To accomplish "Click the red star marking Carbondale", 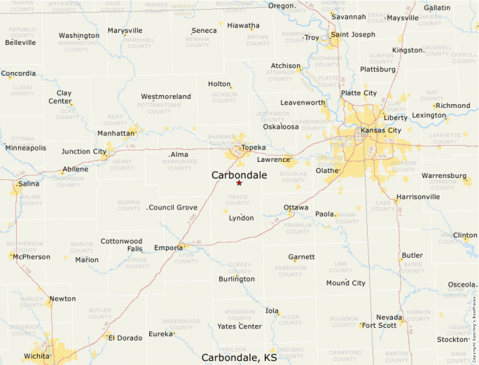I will pos(239,183).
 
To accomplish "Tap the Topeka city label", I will pos(254,148).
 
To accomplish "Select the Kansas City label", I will pos(381,130).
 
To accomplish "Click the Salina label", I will pos(29,184).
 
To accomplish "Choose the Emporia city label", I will pos(168,247).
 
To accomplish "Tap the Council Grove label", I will pos(174,207).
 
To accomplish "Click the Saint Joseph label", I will pos(354,34).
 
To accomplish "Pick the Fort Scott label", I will pos(379,325).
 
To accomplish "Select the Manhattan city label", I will pos(116,133).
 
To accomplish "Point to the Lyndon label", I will pos(242,218).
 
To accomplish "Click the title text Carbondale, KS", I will pos(239,357).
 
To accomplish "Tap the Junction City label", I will pos(84,151).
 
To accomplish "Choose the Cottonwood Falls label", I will pos(121,245).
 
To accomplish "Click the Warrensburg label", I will pos(443,175).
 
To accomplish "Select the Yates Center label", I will pos(239,326).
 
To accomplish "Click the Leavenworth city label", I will pos(303,102).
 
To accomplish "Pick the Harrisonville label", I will pos(418,197).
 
